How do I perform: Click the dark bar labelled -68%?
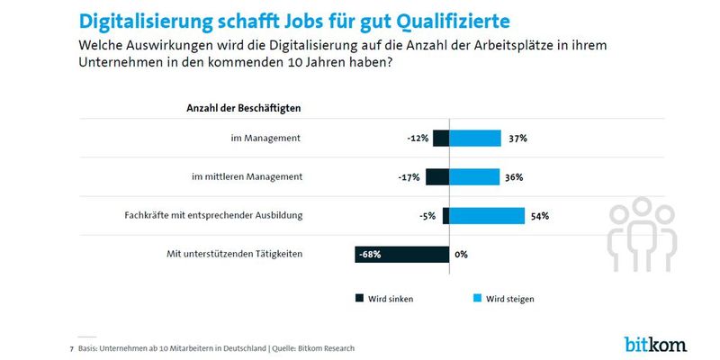pos(401,254)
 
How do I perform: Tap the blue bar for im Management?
pos(474,139)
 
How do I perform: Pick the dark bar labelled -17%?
pos(436,177)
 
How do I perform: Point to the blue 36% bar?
pos(473,177)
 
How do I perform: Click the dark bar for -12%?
pos(440,139)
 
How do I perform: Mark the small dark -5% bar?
pos(445,216)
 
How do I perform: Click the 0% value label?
pos(461,255)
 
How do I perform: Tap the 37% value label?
pos(517,139)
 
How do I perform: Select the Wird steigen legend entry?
pos(509,299)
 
